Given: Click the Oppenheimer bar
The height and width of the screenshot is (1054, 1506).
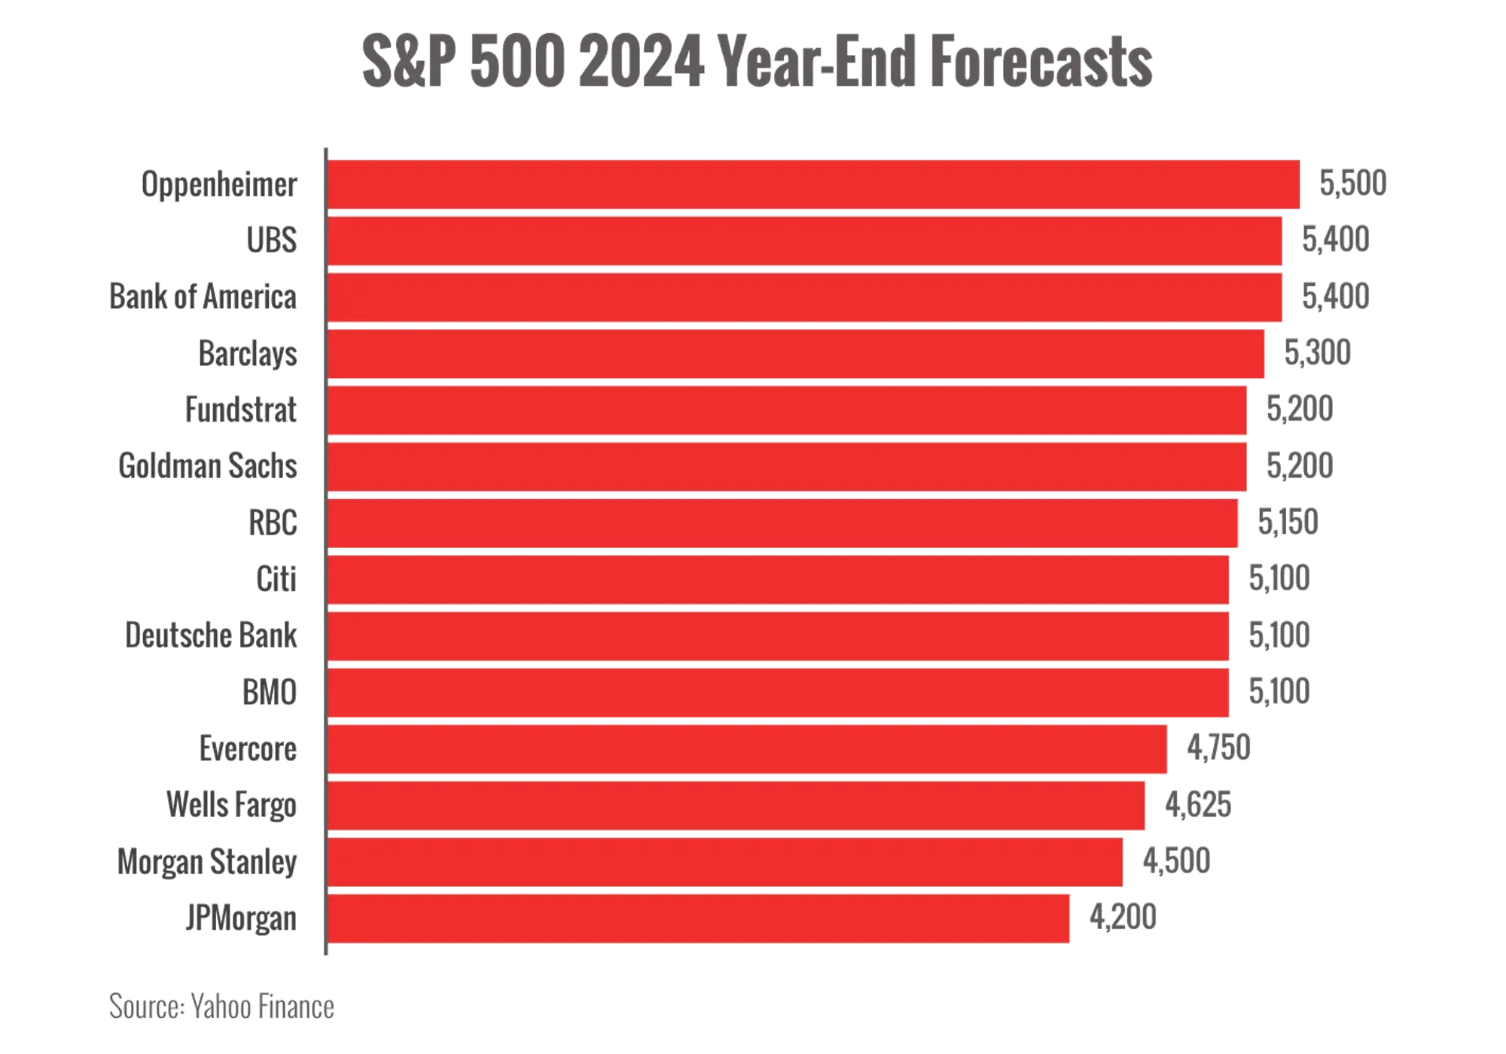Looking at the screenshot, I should click(x=813, y=184).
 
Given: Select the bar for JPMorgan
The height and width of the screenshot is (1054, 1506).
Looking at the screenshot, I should click(x=699, y=918).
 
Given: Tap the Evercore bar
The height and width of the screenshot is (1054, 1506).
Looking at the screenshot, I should click(x=747, y=749).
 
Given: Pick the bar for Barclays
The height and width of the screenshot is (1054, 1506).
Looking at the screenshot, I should click(x=795, y=353).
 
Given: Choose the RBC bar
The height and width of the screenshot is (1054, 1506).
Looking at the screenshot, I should click(x=783, y=522).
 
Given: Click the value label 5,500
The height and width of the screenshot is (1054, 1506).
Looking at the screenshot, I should click(x=1352, y=184).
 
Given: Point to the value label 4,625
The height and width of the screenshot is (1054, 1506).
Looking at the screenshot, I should click(x=1198, y=805).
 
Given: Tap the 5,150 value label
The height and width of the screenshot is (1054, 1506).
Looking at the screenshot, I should click(x=1288, y=522).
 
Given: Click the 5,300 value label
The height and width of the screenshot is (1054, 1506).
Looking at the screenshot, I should click(x=1319, y=352).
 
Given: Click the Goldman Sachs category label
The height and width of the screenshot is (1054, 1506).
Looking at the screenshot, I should click(x=209, y=466).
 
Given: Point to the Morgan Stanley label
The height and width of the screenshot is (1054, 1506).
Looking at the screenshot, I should click(x=207, y=862).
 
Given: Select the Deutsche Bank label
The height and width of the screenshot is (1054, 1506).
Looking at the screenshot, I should click(x=212, y=635).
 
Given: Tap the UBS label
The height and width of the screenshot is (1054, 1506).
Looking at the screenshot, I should click(x=272, y=241).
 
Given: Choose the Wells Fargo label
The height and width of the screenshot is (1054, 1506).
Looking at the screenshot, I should click(x=232, y=806).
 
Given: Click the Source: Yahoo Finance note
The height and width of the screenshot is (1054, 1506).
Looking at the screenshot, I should click(x=221, y=1007).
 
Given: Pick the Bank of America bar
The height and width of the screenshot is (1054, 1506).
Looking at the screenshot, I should click(x=804, y=297).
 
